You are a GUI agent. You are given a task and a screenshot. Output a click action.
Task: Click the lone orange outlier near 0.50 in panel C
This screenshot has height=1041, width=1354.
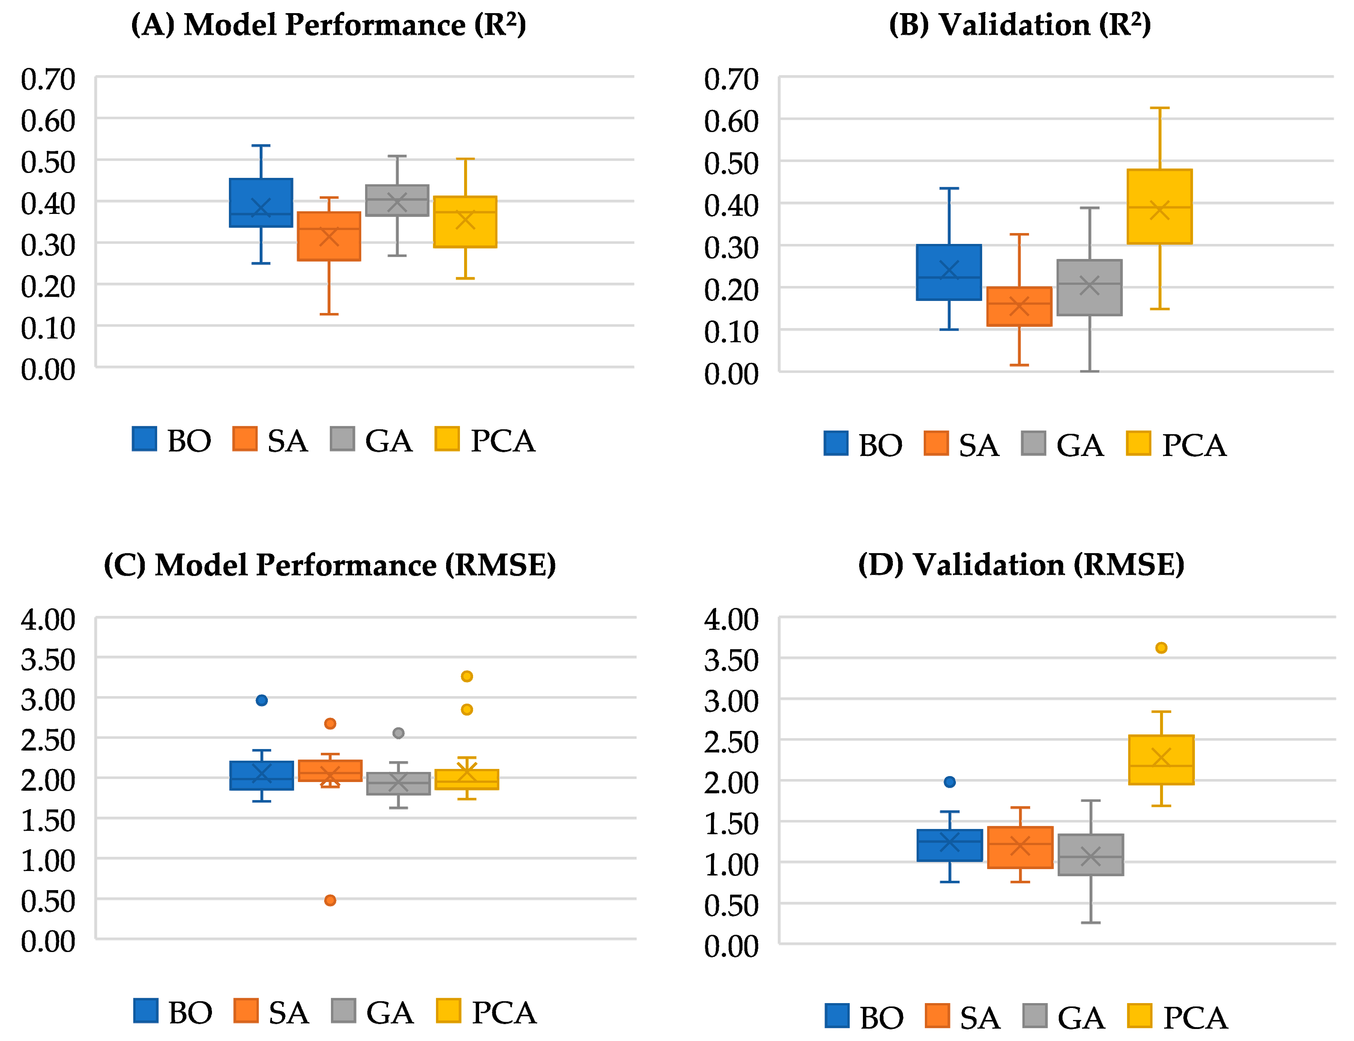point(330,900)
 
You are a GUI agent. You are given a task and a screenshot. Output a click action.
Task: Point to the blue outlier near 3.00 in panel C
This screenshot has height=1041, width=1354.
point(261,700)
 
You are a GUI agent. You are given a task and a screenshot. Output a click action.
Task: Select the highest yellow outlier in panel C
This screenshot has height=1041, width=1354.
point(467,676)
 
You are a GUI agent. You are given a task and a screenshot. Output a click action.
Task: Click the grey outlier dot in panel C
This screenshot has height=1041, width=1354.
point(398,733)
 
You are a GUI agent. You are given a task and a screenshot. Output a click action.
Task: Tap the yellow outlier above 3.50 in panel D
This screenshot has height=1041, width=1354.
point(1162,647)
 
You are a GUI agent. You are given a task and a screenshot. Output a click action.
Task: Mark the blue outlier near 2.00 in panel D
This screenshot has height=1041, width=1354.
point(950,782)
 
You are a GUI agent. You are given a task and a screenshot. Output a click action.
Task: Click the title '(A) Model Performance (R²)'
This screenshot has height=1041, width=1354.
point(328,25)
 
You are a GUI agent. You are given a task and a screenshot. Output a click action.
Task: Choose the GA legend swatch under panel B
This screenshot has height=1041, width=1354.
point(1033,443)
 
